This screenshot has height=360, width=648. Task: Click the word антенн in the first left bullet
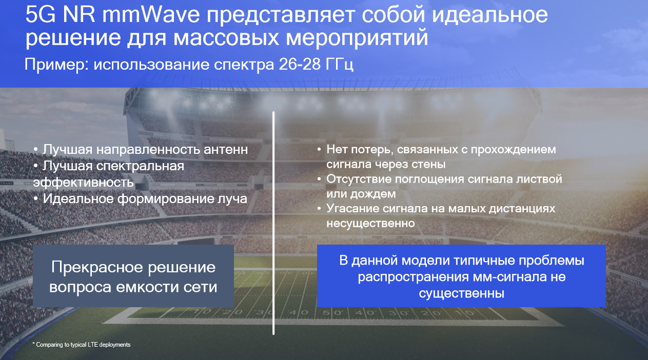pyautogui.click(x=224, y=150)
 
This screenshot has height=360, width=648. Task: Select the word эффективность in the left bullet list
pyautogui.click(x=84, y=182)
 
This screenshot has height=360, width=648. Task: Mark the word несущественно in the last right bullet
pyautogui.click(x=370, y=224)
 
